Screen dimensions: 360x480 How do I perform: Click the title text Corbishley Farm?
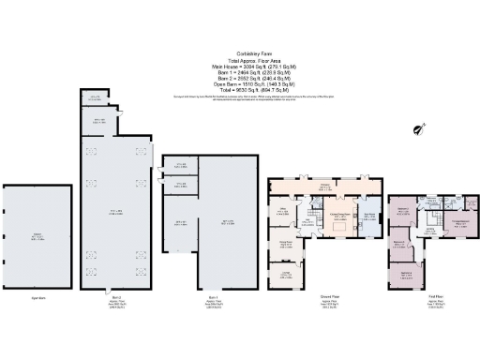[x=240, y=57]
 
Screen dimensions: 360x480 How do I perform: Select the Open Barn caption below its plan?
[x=37, y=299]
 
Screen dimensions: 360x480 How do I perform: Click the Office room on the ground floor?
[x=282, y=212]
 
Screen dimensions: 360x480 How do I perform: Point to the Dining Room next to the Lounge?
[x=285, y=245]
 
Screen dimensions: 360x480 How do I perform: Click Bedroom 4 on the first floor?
[x=403, y=212]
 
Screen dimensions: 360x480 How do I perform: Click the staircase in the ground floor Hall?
[x=308, y=221]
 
